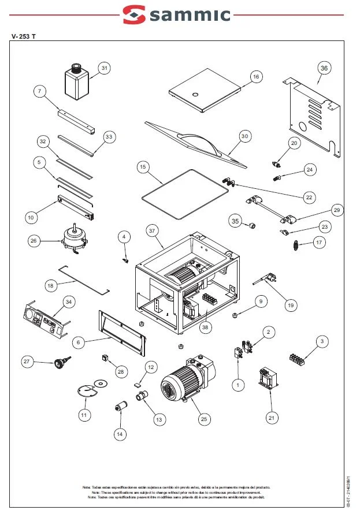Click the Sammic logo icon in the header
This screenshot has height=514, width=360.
click(x=135, y=14)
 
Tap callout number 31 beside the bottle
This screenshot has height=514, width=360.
click(x=104, y=68)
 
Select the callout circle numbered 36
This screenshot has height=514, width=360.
click(x=324, y=68)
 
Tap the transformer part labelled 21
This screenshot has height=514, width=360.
click(x=268, y=379)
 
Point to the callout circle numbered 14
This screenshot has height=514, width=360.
click(x=120, y=434)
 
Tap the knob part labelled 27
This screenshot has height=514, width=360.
click(x=58, y=362)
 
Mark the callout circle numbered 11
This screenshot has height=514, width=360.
click(x=84, y=414)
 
